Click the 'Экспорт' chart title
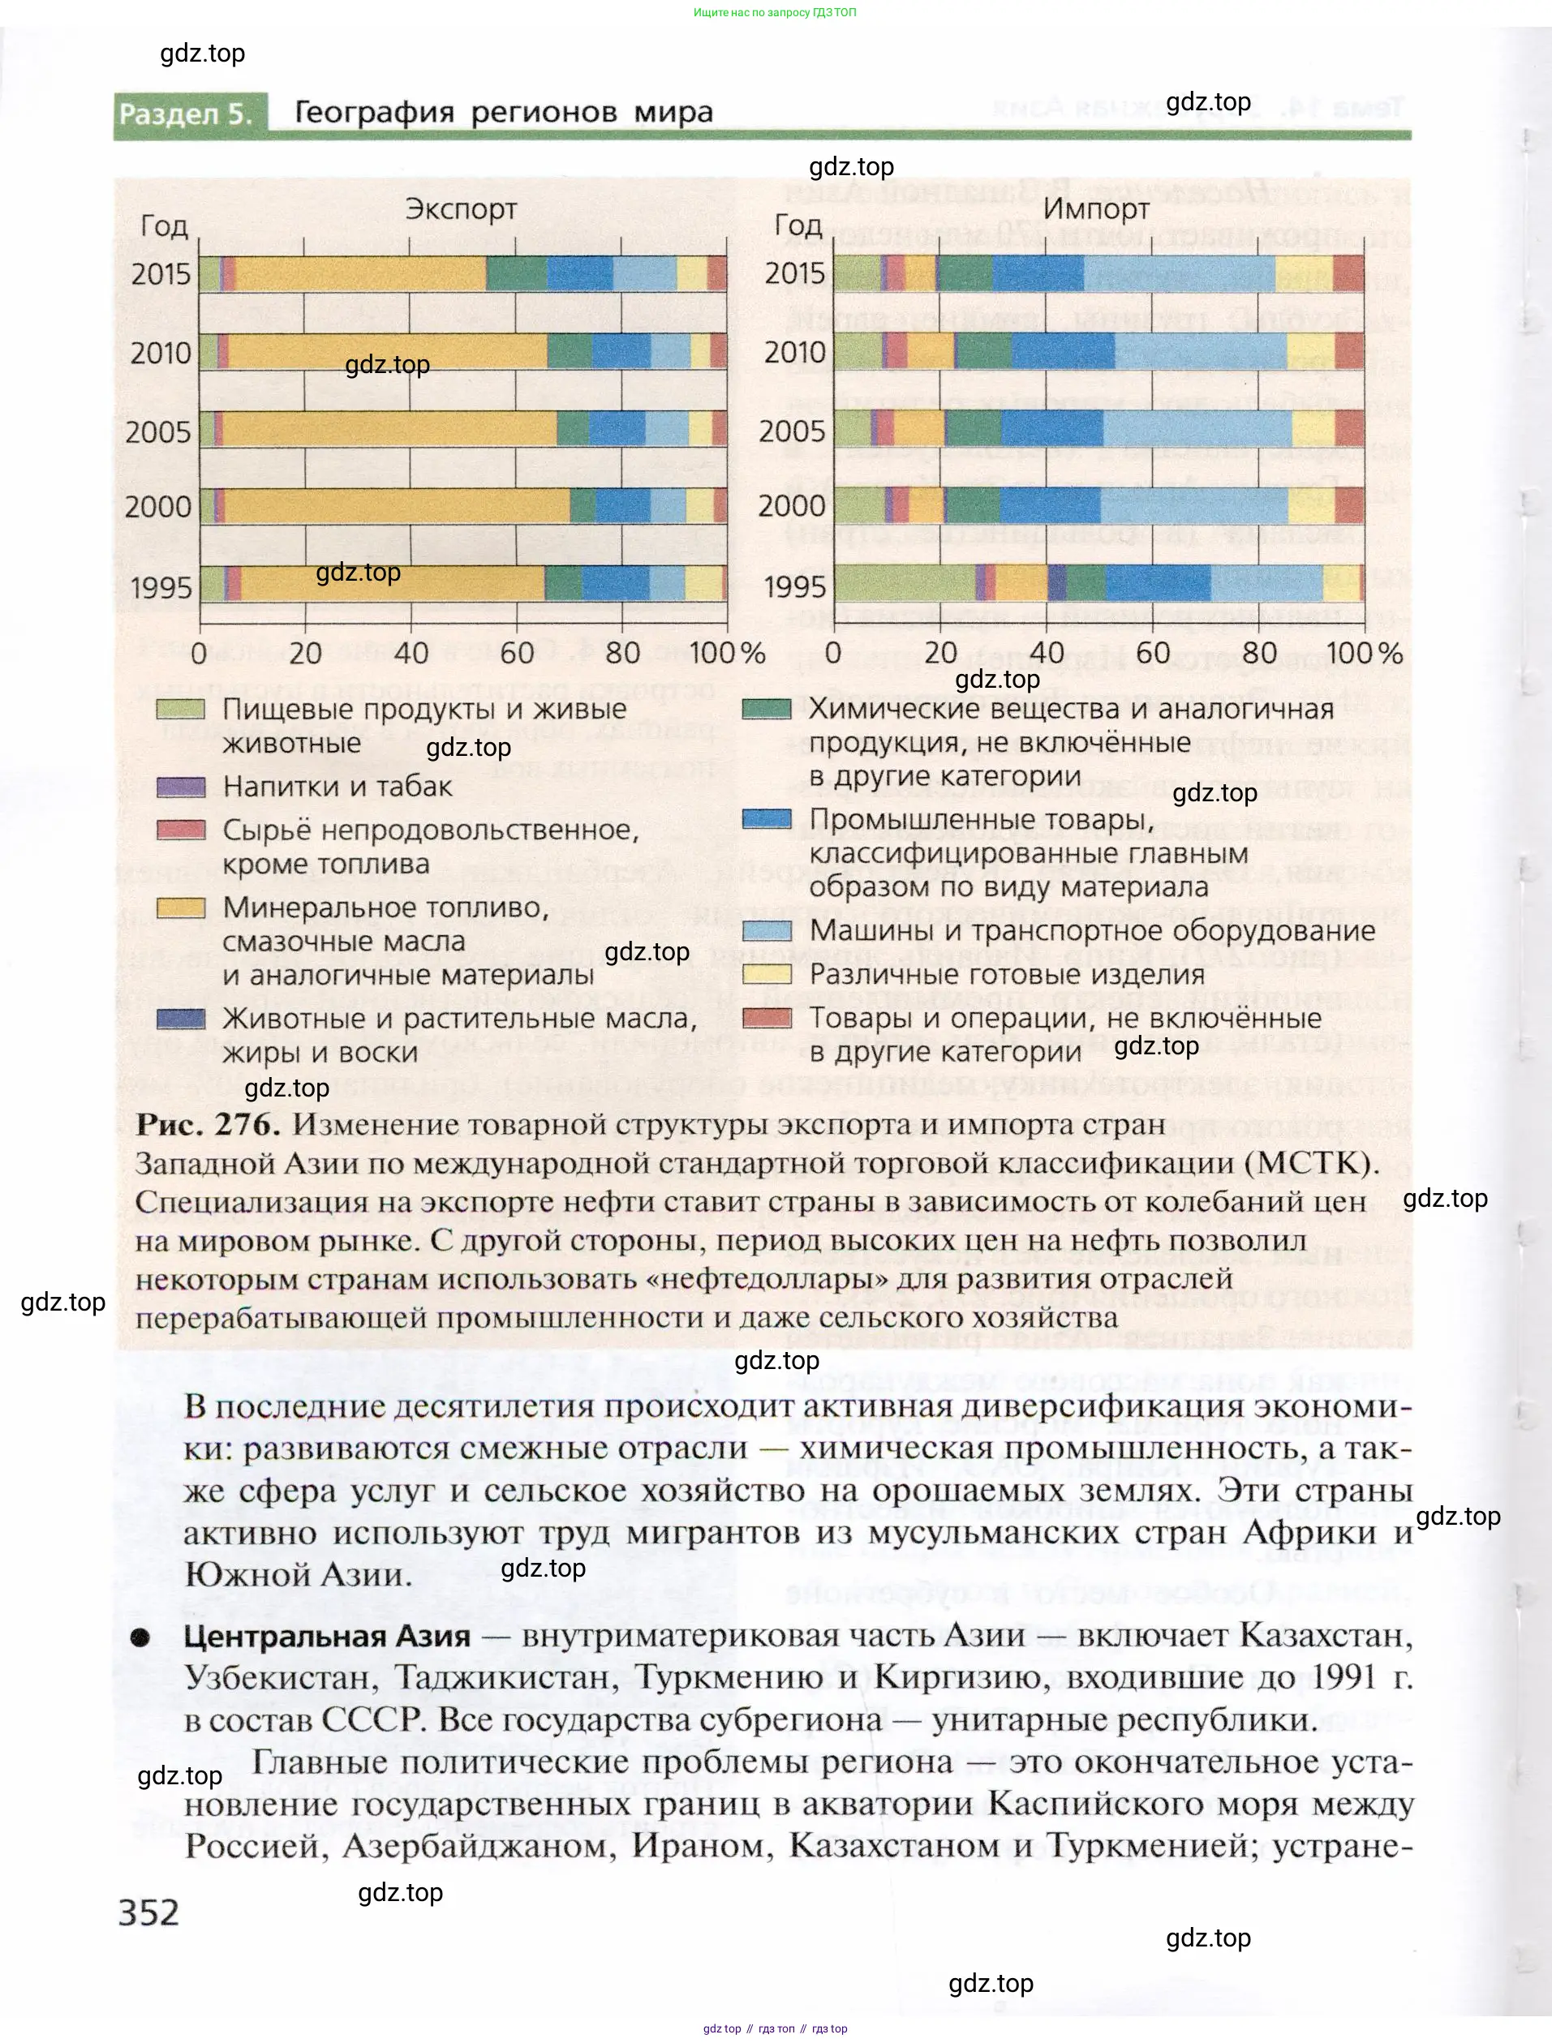[460, 210]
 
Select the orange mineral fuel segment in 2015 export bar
[360, 274]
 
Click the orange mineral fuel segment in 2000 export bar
[398, 506]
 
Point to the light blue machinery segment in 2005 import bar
[1197, 428]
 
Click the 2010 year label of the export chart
[161, 353]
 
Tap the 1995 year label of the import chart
[794, 586]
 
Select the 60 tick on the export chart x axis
[517, 653]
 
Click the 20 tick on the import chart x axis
[940, 653]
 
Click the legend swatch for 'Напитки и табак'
[180, 787]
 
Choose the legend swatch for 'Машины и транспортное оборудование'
[767, 931]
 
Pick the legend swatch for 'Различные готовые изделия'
[767, 974]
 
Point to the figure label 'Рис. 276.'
[207, 1125]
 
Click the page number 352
[148, 1912]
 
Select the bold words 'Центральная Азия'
[327, 1636]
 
